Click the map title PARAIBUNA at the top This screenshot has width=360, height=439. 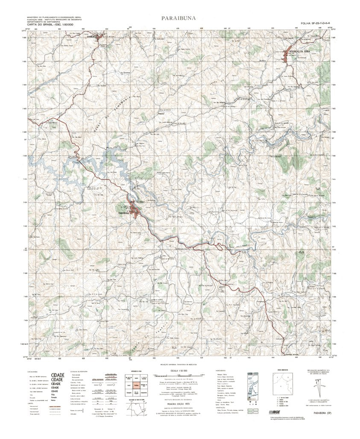[x=180, y=18]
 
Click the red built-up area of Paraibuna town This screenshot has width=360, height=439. [x=136, y=210]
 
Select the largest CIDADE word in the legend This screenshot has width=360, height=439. [x=58, y=375]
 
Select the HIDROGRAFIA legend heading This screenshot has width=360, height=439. [x=222, y=372]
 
